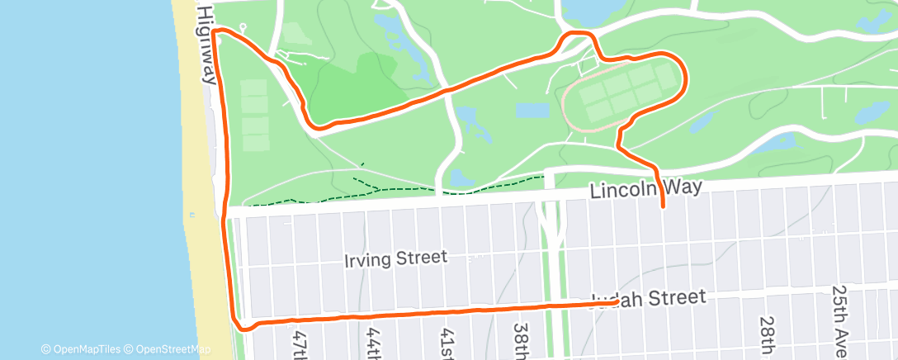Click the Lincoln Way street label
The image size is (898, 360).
coord(645,190)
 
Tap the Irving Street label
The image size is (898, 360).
coord(395,259)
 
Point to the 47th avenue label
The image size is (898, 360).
coord(299,343)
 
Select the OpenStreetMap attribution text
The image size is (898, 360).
coord(168,349)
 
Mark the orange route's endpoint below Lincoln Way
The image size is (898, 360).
coord(664,206)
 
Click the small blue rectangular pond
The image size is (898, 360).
coord(532,111)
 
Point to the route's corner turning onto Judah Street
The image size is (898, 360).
coord(240,324)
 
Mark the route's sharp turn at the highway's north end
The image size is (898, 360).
coord(215,32)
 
